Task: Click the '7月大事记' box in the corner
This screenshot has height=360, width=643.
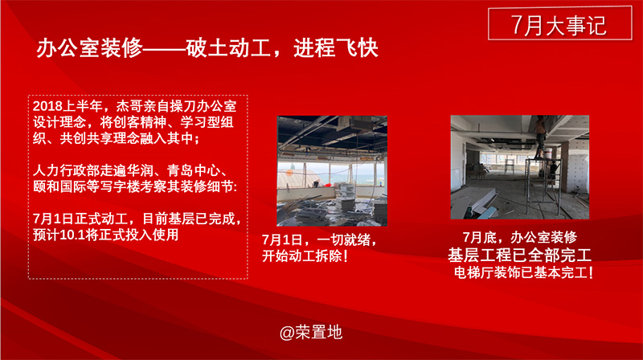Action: [x=559, y=23]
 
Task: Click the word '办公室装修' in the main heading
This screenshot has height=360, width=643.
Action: [x=89, y=48]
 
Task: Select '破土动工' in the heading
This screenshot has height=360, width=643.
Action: [x=228, y=48]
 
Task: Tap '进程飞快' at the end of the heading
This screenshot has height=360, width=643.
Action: [x=335, y=48]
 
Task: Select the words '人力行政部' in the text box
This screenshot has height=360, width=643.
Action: [x=66, y=170]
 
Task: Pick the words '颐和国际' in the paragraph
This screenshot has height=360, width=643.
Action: [x=59, y=186]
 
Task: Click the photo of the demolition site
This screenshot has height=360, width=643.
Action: [x=332, y=171]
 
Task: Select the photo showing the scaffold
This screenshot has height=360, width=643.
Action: [x=519, y=167]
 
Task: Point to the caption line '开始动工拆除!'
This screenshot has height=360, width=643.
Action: [x=305, y=256]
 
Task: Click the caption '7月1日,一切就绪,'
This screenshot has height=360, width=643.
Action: [x=319, y=239]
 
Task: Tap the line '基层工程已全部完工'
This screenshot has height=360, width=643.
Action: [x=519, y=255]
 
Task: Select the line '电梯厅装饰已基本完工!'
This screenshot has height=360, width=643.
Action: [x=523, y=272]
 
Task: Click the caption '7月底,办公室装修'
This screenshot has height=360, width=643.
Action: [x=519, y=237]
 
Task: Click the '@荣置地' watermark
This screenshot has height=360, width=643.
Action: [x=311, y=332]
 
